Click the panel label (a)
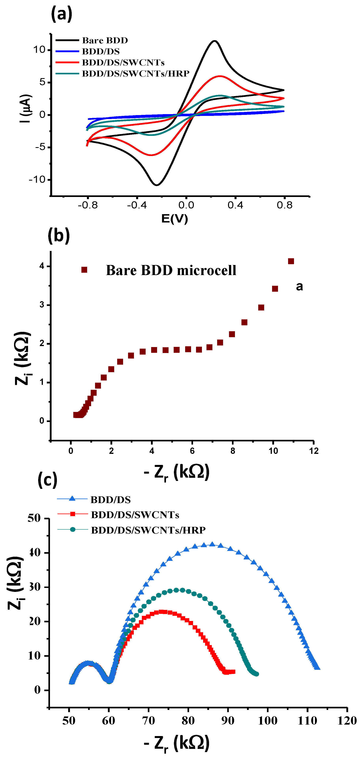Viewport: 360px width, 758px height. (x=61, y=14)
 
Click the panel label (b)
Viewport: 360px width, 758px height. (x=58, y=235)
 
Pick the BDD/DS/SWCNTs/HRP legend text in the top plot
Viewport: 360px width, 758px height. (x=136, y=74)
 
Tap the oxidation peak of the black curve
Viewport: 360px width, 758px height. (x=215, y=41)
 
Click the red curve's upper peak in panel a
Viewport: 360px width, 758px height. (x=220, y=76)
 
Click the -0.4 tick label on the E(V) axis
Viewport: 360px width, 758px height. (x=137, y=205)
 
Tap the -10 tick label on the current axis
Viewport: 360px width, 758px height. (x=37, y=180)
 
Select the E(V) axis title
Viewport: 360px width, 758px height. (x=174, y=219)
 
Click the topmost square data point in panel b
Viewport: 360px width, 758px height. (x=291, y=261)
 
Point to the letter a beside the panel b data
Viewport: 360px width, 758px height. (x=299, y=286)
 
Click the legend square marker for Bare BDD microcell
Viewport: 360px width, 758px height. (x=84, y=270)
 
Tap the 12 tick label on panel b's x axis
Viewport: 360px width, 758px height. (x=314, y=451)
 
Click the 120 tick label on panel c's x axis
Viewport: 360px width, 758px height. (x=347, y=721)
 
